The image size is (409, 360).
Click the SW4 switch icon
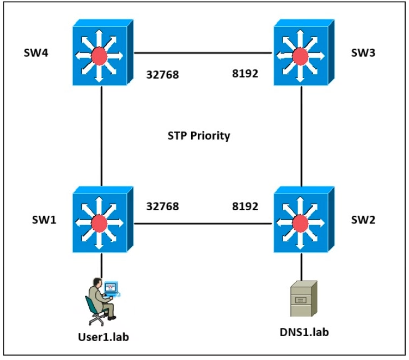(103, 52)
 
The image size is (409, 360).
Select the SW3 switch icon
(304, 52)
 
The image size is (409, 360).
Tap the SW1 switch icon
(103, 219)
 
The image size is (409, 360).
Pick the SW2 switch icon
(304, 219)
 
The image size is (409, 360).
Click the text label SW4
(36, 53)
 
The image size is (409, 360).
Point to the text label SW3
(363, 53)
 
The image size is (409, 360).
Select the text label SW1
(44, 220)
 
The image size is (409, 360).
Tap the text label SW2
(363, 220)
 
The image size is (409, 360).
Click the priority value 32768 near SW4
(162, 75)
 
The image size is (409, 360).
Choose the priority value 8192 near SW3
(245, 74)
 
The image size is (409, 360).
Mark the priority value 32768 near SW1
(162, 206)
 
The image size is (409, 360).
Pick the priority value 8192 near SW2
(245, 206)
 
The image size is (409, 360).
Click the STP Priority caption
(199, 136)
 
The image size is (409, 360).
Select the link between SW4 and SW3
(203, 53)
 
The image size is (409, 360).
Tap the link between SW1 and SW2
(203, 224)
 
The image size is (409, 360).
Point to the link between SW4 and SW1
(101, 136)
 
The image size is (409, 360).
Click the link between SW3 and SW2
(301, 136)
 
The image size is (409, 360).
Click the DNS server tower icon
(304, 298)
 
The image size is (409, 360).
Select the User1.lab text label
(104, 337)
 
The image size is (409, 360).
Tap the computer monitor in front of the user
(111, 288)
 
